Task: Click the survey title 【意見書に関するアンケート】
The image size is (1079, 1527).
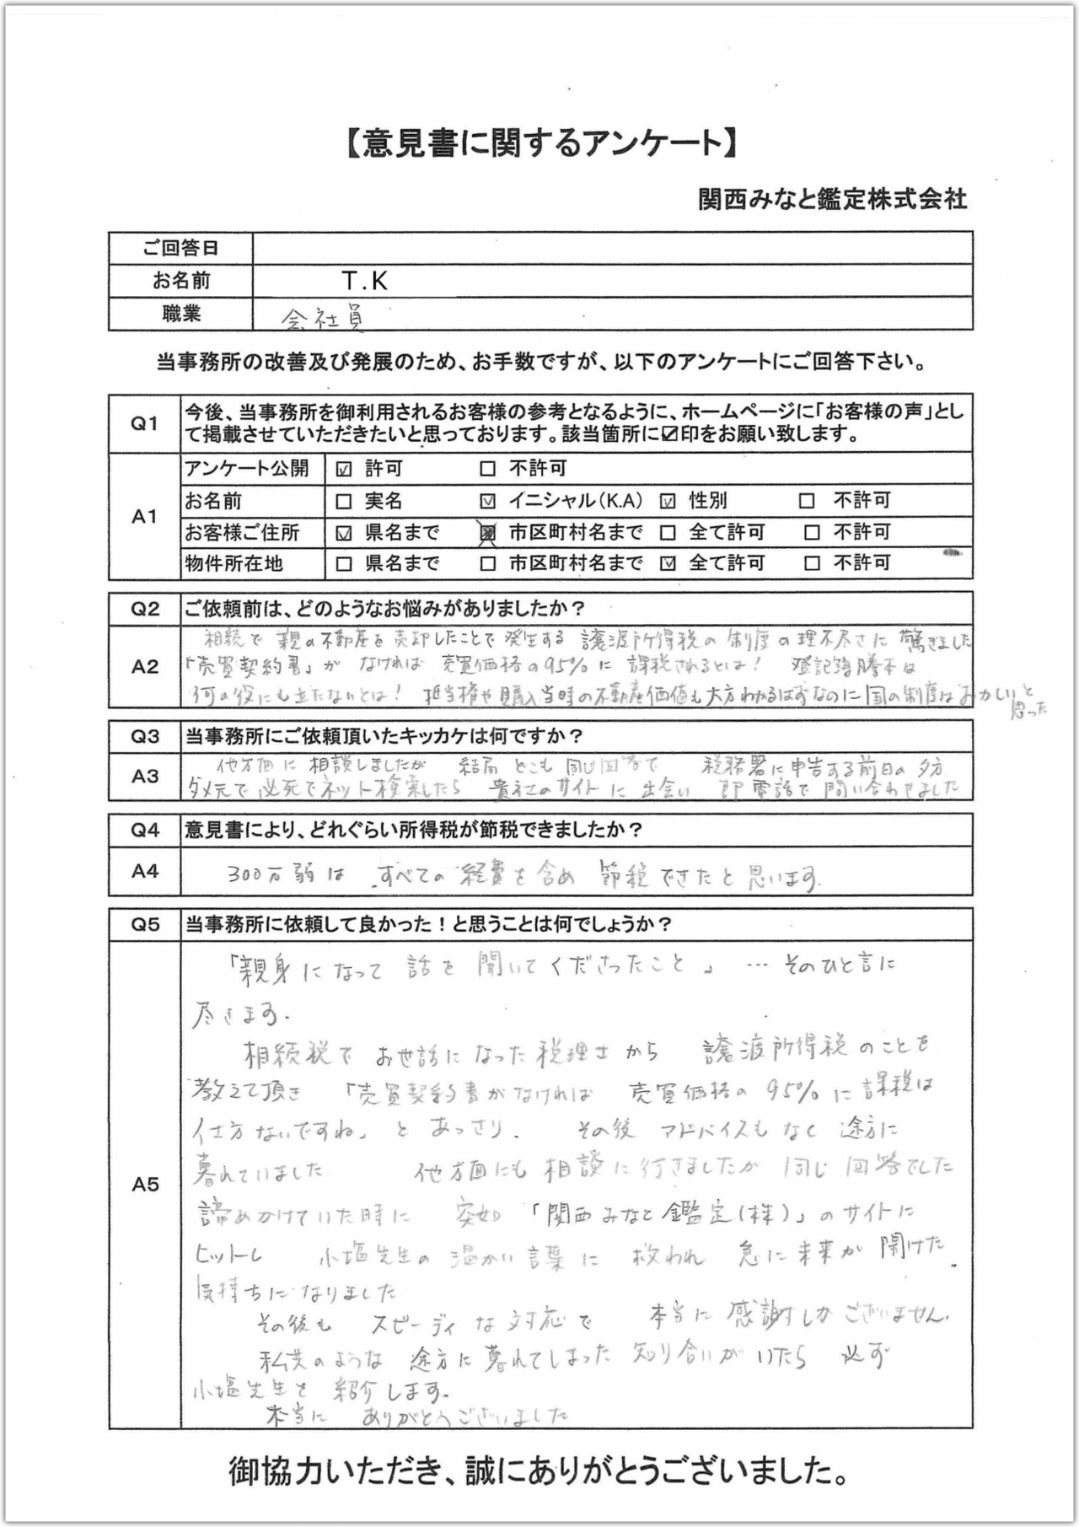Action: [539, 144]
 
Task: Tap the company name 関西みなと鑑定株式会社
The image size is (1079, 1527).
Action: [832, 199]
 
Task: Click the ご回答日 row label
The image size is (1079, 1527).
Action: [180, 248]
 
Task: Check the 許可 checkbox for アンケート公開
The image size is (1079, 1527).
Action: [344, 469]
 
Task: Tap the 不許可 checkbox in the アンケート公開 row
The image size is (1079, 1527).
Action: [487, 469]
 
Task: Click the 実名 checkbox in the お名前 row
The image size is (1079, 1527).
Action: [344, 502]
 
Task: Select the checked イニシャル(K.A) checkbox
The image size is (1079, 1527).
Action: [487, 502]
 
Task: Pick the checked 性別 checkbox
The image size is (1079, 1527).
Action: [668, 502]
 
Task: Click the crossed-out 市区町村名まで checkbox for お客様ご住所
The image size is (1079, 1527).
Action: [487, 533]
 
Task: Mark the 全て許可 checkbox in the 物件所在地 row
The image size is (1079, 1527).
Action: [668, 564]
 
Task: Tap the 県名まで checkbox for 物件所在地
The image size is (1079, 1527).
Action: [344, 564]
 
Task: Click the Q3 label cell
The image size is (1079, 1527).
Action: [145, 737]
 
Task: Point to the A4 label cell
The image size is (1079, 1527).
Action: [145, 871]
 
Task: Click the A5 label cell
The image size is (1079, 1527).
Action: [145, 1185]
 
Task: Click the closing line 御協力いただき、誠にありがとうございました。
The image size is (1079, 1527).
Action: [539, 1472]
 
